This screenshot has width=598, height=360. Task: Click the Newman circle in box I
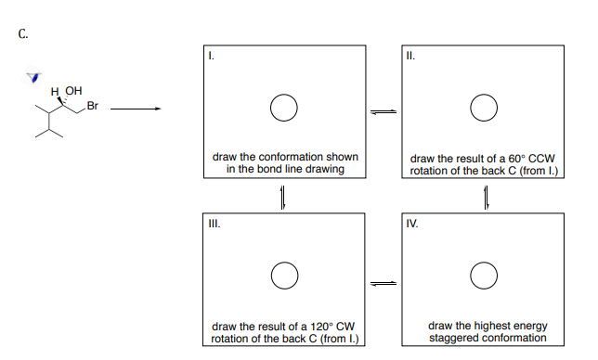click(283, 108)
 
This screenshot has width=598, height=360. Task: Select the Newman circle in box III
click(283, 276)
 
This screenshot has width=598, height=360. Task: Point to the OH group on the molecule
click(73, 91)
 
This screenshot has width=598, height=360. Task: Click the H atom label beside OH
click(56, 91)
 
